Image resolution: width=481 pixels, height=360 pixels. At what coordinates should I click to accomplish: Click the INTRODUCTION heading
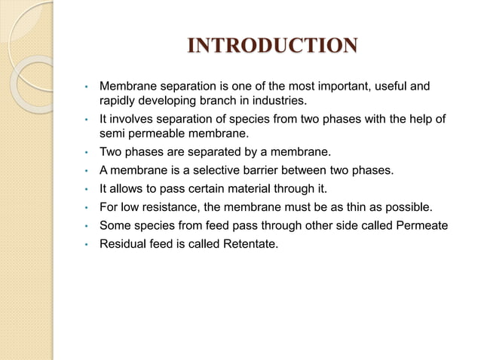coord(272,47)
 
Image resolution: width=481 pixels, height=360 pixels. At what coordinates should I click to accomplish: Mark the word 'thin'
coord(354,207)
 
